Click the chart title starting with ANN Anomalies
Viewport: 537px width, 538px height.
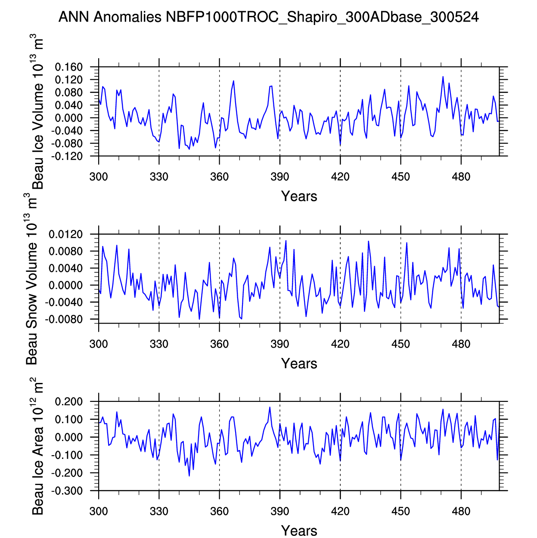[268, 17]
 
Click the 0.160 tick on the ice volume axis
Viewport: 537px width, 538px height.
[68, 67]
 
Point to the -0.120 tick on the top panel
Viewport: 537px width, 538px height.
[68, 156]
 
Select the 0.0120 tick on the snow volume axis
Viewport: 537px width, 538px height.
[65, 235]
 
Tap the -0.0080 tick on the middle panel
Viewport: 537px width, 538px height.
[65, 320]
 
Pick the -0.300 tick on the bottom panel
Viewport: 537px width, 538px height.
[68, 491]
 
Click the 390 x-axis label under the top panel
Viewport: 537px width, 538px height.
[280, 177]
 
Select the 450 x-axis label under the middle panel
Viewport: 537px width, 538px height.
[400, 344]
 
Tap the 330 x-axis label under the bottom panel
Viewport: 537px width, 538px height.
[159, 512]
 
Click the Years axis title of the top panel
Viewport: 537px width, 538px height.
[299, 196]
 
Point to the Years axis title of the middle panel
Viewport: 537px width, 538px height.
[299, 364]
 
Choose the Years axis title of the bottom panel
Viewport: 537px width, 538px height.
[299, 531]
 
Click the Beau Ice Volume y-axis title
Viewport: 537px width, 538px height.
[38, 112]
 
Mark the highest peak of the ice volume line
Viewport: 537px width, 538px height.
[443, 77]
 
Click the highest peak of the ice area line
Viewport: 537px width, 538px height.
[270, 407]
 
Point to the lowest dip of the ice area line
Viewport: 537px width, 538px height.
[189, 476]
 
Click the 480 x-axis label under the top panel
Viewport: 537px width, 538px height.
[461, 177]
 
